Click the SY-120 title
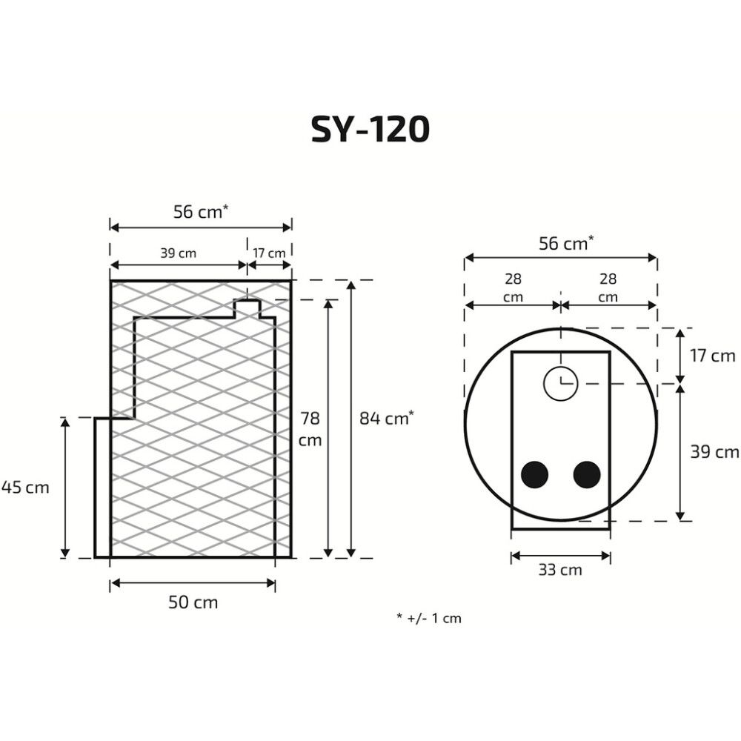coord(370,130)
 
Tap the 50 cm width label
coord(193,602)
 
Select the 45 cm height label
coord(25,488)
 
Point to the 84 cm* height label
coord(386,419)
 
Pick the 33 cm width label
coord(561,570)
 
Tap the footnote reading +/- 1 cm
coord(429,618)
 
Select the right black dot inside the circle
coord(587,474)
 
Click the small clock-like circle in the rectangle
coord(560,383)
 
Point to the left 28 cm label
coord(513,288)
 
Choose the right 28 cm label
coord(608,288)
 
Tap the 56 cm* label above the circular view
coord(565,244)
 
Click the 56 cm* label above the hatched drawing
coord(200,212)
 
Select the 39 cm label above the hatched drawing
coord(178,253)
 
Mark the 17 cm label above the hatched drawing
coord(269,253)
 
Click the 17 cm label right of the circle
coord(712,356)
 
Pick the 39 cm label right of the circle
coord(714,452)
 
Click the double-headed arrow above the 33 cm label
coord(561,554)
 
